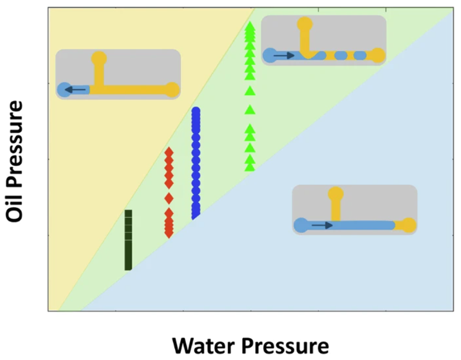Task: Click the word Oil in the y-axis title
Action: click(x=15, y=205)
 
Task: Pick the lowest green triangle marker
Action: click(x=250, y=167)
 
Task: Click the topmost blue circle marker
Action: click(x=196, y=111)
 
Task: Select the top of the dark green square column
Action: click(x=128, y=213)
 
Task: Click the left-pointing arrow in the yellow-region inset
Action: click(x=75, y=89)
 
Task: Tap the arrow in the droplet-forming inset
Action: click(x=283, y=56)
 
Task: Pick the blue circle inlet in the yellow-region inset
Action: click(x=63, y=89)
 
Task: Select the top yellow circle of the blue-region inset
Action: click(x=335, y=194)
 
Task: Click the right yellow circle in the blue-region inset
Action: click(x=409, y=225)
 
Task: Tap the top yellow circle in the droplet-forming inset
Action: click(x=305, y=24)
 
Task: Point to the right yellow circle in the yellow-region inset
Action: click(x=172, y=89)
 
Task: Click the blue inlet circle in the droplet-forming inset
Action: click(x=269, y=56)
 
